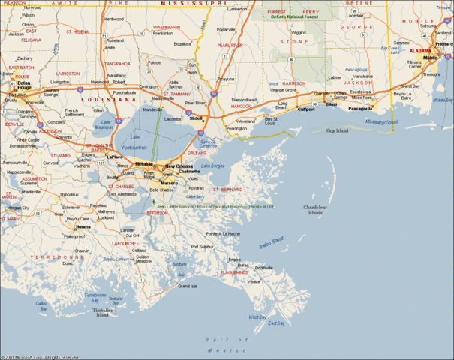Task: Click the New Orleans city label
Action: [179, 166]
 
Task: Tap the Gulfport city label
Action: [306, 109]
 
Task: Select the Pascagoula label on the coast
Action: [360, 108]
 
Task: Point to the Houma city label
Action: [83, 226]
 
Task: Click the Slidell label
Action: [197, 118]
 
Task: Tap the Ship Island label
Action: [337, 130]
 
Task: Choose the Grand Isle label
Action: [187, 286]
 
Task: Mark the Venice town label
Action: [254, 281]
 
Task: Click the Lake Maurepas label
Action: [103, 124]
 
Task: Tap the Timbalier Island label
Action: [102, 312]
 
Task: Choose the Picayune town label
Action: [226, 79]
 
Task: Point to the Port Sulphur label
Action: [203, 246]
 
